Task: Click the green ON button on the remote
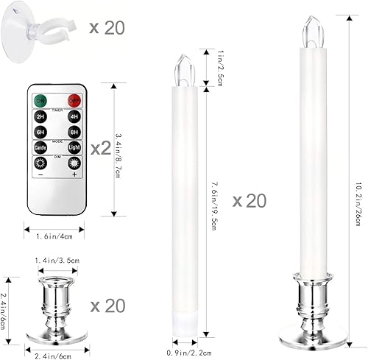click(42, 100)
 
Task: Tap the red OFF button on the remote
click(74, 100)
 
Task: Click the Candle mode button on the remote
click(42, 147)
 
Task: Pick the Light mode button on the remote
click(74, 147)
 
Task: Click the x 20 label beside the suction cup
click(107, 29)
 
